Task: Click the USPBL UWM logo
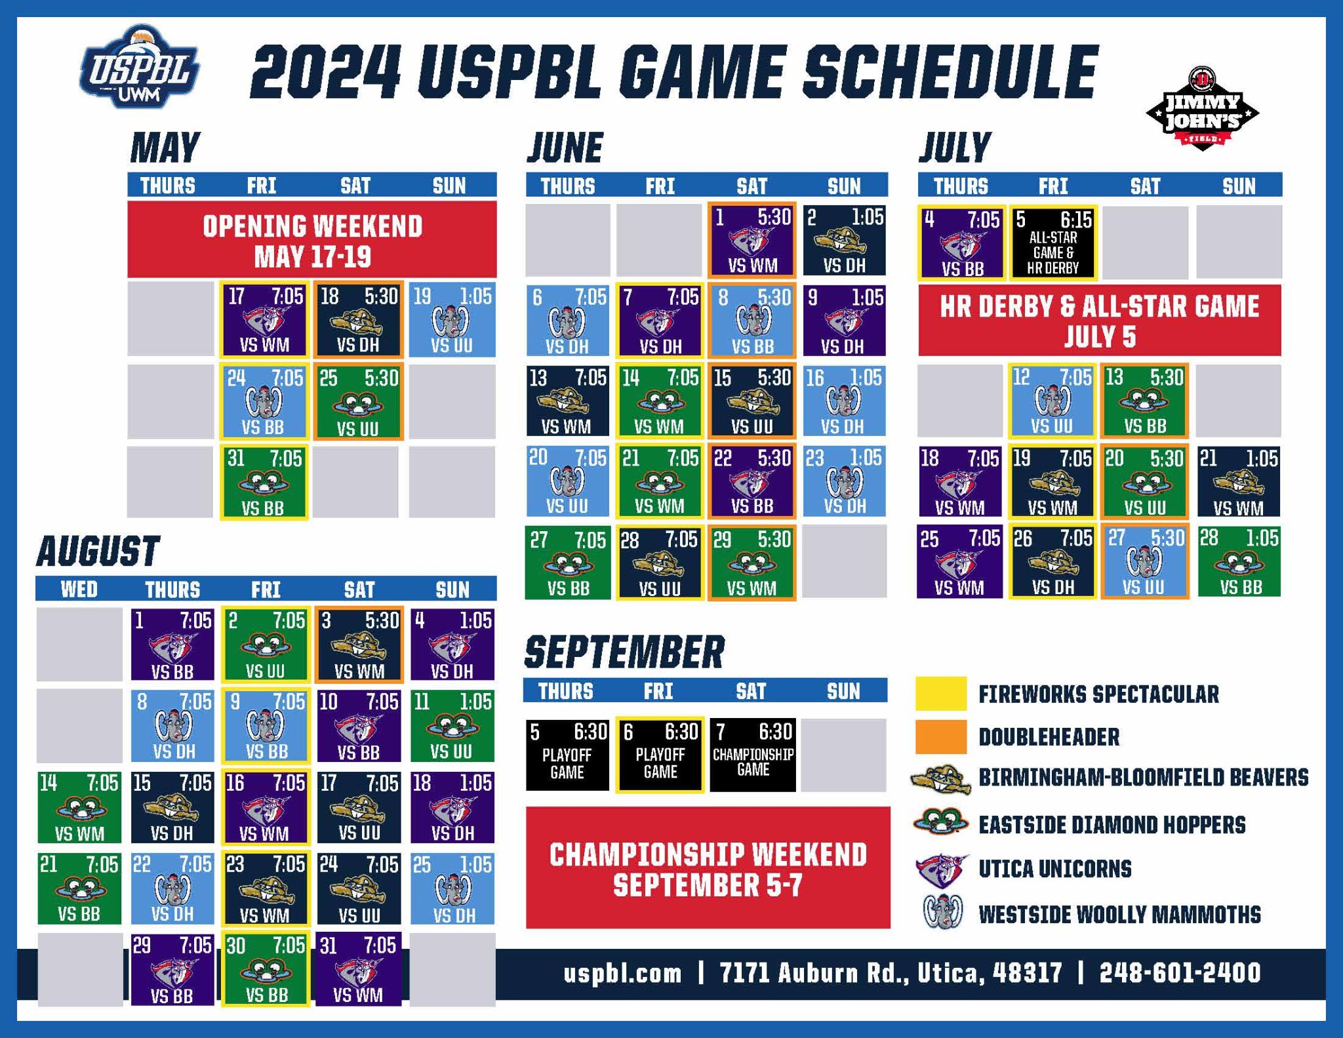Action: point(139,68)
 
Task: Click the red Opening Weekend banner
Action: point(312,240)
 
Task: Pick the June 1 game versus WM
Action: point(752,240)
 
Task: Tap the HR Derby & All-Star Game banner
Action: point(1099,321)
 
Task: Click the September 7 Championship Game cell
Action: point(753,755)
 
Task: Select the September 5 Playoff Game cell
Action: point(567,755)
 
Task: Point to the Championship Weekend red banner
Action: point(708,868)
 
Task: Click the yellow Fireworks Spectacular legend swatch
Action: point(941,694)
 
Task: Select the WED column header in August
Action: point(79,589)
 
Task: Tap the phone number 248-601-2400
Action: point(1180,973)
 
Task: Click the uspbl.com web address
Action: point(622,973)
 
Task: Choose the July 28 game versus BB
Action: point(1239,562)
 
